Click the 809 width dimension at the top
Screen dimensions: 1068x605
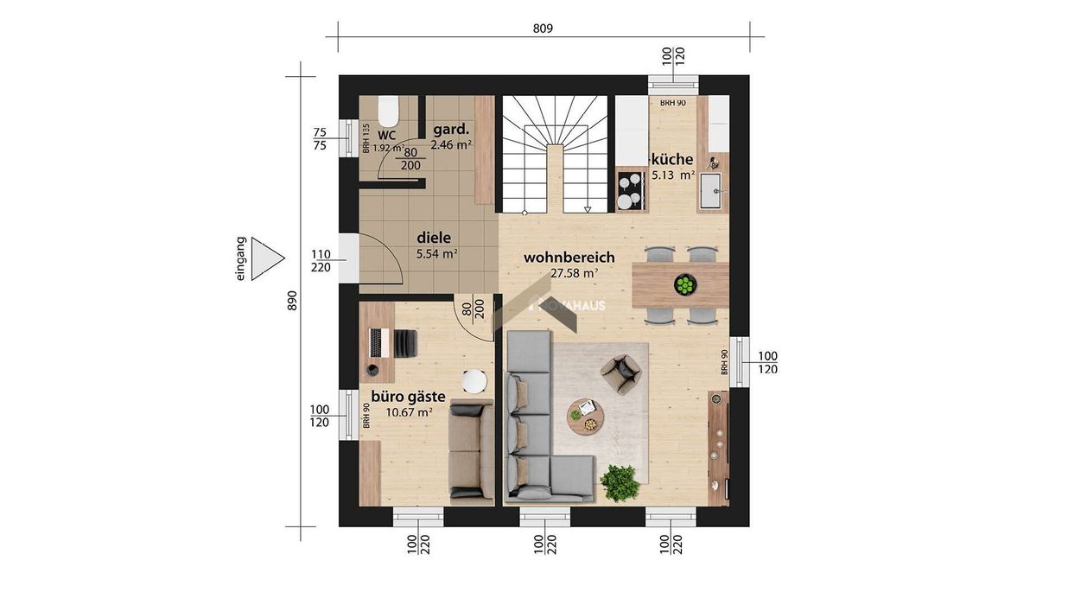pos(543,29)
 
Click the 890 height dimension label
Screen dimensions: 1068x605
pos(292,301)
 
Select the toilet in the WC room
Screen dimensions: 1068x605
pos(388,111)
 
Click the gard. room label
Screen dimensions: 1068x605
pos(451,130)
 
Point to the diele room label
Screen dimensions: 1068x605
pos(434,238)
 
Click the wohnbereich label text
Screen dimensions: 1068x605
pos(569,258)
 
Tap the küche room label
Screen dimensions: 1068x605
pos(672,159)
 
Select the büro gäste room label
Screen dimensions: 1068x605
pos(408,397)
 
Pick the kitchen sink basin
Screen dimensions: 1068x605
pos(711,191)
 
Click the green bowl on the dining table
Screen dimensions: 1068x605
pos(685,285)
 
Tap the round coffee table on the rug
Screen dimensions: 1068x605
pos(585,417)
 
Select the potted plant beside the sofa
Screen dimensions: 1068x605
pos(620,483)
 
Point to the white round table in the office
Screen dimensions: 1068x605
pos(474,381)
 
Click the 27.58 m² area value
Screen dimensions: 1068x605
pos(574,274)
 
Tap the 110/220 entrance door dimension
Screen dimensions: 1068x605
pos(321,261)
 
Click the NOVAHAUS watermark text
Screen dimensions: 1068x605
pos(568,305)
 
